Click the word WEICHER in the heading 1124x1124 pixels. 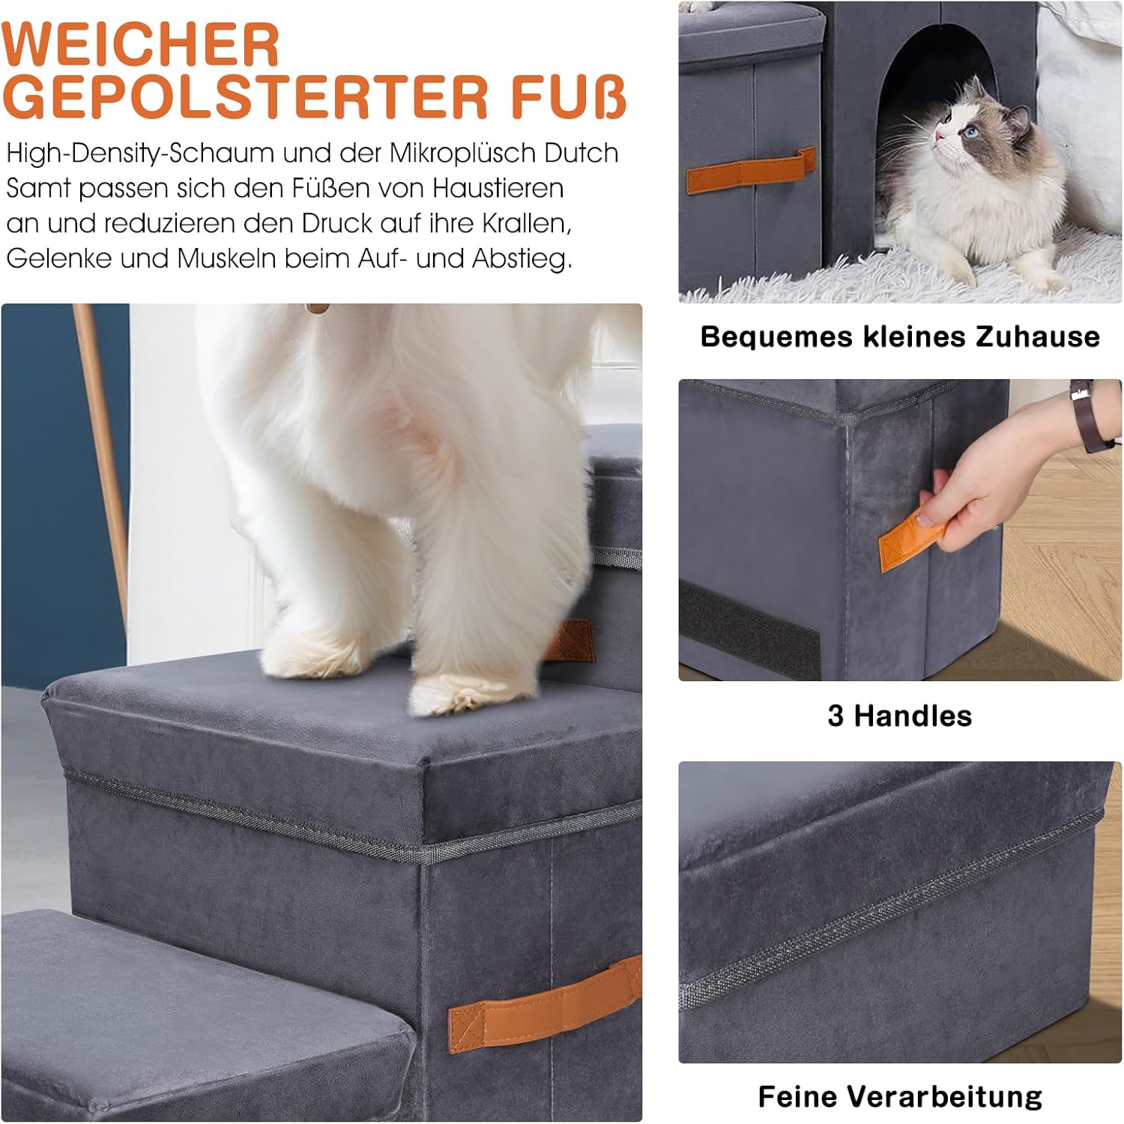[141, 45]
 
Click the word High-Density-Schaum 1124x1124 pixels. [140, 154]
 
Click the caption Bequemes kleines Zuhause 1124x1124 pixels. [900, 337]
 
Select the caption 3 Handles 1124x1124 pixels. [900, 716]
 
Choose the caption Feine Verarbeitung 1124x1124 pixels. [900, 1096]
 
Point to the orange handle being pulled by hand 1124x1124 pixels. [910, 538]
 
